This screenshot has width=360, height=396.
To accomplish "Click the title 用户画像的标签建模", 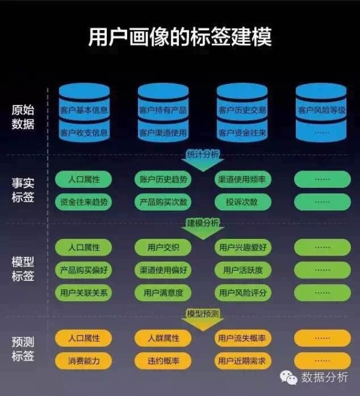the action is coord(180,37).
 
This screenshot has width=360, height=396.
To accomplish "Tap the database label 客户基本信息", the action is coord(84,110).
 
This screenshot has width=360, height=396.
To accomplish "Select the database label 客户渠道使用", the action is coord(163,133).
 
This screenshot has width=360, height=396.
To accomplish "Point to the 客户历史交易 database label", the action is coord(242,110).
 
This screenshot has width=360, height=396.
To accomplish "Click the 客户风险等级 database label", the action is coord(322,110).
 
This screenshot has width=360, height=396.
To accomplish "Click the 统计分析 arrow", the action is coord(203,161).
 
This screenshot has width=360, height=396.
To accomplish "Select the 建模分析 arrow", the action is coord(203,229).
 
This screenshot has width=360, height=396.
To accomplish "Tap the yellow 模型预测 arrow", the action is coord(203,320).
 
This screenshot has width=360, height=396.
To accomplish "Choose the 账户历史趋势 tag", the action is coord(163,179).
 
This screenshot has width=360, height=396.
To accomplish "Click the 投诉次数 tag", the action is coord(243,202).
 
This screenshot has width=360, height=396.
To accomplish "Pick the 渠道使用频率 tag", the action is coord(243,179).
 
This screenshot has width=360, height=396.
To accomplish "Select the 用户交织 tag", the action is coord(163,247).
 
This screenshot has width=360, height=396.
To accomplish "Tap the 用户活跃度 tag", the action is coord(243,270).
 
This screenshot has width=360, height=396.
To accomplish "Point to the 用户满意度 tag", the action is coord(163,293).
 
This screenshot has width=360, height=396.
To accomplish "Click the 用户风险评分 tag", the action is coord(243,293).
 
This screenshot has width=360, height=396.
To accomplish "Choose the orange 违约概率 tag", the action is coord(163,361).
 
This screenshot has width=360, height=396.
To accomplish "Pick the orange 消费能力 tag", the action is coord(83,361).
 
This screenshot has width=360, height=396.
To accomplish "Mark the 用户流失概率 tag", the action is coord(243,338).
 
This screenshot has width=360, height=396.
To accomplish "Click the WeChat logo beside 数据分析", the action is coord(289,378).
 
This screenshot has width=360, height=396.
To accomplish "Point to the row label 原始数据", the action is coord(23,117).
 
